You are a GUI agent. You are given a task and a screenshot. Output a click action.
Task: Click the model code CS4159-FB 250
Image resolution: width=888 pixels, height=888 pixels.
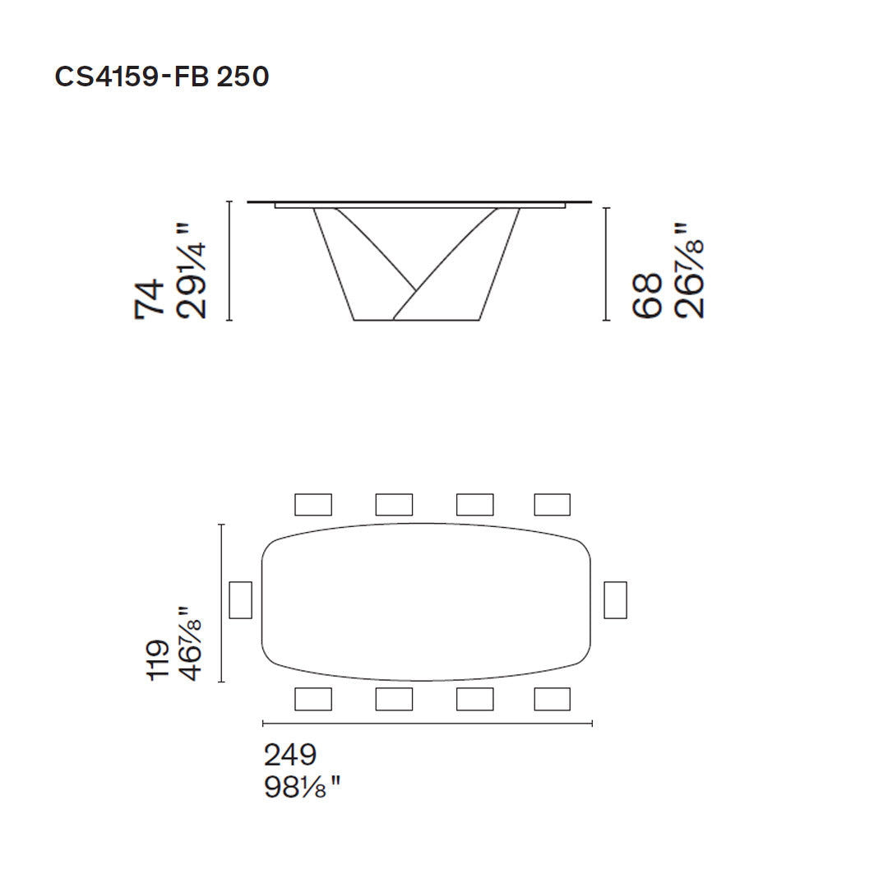point(161,76)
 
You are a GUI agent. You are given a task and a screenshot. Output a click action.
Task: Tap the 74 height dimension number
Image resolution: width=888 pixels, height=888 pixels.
point(150,298)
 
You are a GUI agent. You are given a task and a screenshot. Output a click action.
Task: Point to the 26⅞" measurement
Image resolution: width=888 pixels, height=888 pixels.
point(689,271)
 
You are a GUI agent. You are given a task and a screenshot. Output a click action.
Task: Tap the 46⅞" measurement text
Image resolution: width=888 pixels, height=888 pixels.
point(190,644)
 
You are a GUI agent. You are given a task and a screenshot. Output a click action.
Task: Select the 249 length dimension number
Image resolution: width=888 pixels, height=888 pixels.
point(289,755)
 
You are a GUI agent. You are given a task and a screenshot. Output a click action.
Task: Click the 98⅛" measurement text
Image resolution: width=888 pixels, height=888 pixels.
point(301,788)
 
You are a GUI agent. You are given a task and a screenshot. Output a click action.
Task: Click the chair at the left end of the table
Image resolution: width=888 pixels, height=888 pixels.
point(240,599)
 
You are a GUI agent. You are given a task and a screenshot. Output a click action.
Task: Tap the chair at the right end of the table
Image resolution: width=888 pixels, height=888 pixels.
point(615,599)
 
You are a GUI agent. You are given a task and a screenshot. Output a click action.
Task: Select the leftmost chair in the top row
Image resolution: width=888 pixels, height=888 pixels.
point(312,504)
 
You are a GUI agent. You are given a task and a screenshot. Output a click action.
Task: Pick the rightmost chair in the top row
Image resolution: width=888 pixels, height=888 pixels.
point(552,504)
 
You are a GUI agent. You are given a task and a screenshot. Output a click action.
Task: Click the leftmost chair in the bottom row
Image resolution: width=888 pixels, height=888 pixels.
point(312,699)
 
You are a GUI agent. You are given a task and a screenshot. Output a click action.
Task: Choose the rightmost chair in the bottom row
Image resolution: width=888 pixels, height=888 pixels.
point(552,699)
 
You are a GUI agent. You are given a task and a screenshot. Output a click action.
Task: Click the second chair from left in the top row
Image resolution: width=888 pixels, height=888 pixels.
point(394,504)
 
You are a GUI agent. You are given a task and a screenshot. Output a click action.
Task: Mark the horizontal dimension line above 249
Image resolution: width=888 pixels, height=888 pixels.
point(427,724)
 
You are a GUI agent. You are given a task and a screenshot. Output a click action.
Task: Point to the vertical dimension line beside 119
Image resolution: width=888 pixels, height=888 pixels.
point(221,603)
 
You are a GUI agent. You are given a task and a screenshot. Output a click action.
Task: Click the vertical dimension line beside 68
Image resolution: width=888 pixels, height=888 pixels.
point(606,263)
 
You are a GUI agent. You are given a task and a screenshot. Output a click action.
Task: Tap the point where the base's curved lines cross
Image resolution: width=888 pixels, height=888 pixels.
point(414,289)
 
